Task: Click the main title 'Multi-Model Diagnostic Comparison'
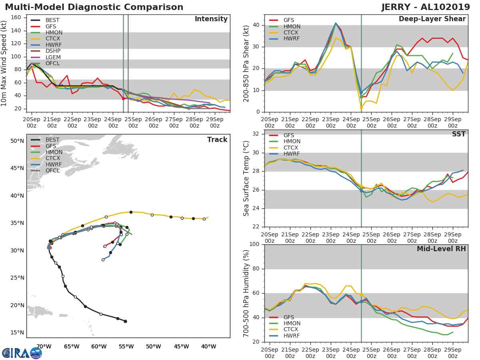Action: coord(94,7)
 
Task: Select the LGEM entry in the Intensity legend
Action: coord(53,58)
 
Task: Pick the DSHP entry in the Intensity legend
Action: coord(53,51)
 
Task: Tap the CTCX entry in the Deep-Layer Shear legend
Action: coord(291,32)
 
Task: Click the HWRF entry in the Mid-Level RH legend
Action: coord(291,336)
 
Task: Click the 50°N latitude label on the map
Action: coord(17,141)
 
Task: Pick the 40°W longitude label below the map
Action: coord(209,346)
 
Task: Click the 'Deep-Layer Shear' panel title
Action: coord(432,19)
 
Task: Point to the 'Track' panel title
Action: coord(217,140)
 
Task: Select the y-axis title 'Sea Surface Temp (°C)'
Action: coord(246,178)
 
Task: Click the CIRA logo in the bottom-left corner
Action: coord(22,353)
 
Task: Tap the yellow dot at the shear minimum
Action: coord(361,108)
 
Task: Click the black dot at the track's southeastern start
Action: coord(125,321)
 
